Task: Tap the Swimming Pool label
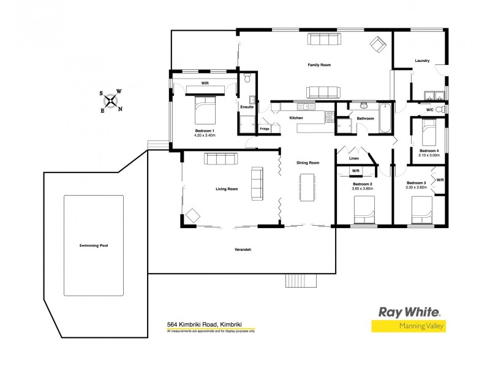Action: [x=93, y=245]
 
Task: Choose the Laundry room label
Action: [x=421, y=61]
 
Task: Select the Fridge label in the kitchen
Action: [x=265, y=129]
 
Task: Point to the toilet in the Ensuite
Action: [x=247, y=79]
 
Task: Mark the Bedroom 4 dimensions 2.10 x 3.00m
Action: [x=428, y=156]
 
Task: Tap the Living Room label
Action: [x=227, y=189]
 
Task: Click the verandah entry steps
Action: [x=302, y=280]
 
